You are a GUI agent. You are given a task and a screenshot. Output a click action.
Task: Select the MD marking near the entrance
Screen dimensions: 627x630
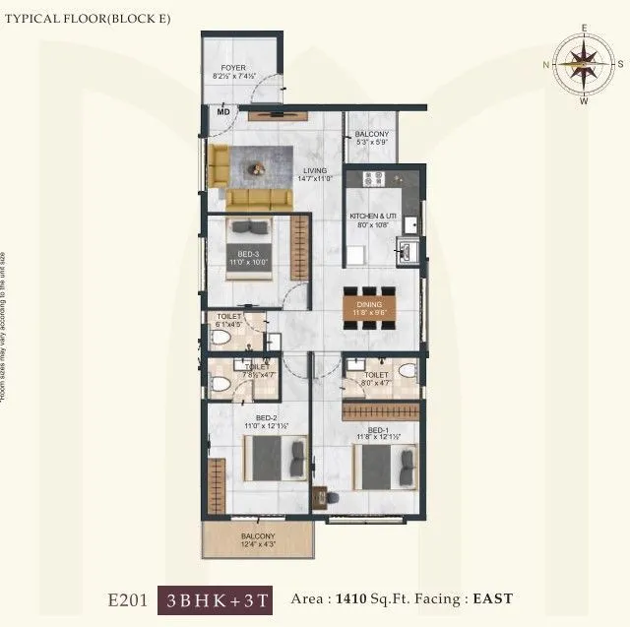[223, 112]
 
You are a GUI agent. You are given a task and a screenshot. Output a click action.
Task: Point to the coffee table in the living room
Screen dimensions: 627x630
[257, 167]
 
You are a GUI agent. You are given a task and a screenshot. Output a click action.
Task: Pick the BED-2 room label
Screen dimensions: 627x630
[266, 418]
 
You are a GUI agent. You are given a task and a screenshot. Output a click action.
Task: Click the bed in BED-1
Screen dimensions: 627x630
[380, 467]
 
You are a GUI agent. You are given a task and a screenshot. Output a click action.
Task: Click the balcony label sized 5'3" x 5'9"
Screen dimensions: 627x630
[372, 139]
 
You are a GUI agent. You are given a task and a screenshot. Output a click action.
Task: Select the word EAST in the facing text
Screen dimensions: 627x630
[494, 598]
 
